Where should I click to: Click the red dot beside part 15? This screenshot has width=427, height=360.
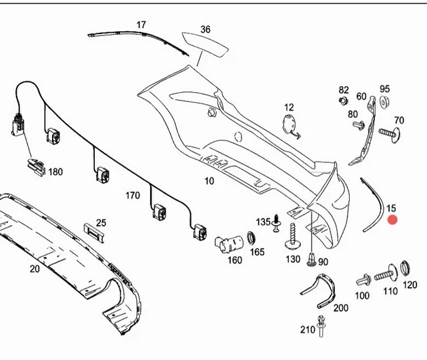tap(392, 220)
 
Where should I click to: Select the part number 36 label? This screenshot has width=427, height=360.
tap(205, 29)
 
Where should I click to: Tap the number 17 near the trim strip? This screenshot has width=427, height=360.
tap(141, 25)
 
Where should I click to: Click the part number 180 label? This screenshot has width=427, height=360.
tap(55, 172)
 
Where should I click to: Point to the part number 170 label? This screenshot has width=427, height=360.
tap(133, 196)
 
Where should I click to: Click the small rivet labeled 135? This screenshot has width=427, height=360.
tap(276, 226)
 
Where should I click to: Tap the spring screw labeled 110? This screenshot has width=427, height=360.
tap(386, 274)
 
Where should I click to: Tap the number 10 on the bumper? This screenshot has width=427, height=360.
tap(209, 181)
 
